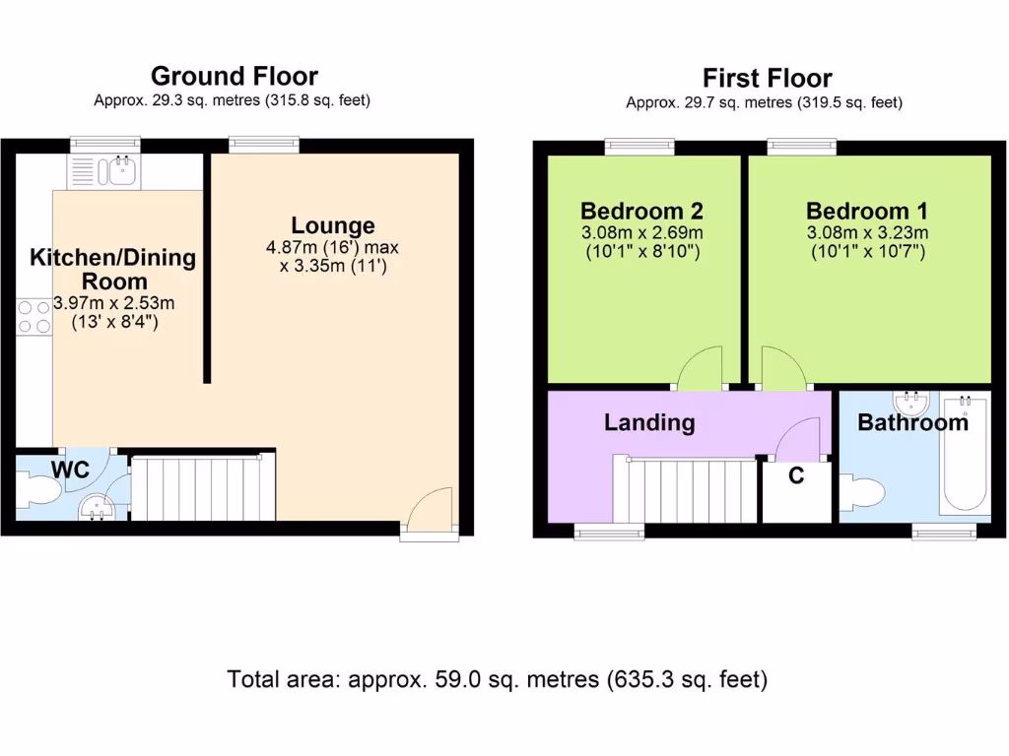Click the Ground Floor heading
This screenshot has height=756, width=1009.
click(x=234, y=77)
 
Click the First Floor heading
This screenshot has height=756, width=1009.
click(x=767, y=79)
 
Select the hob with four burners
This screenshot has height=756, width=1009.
click(x=33, y=315)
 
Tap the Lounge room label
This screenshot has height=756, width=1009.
click(x=332, y=226)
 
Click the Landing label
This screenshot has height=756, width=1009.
click(x=649, y=423)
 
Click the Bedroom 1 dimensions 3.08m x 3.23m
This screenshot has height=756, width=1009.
click(x=867, y=233)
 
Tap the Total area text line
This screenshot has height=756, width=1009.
click(x=497, y=679)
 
